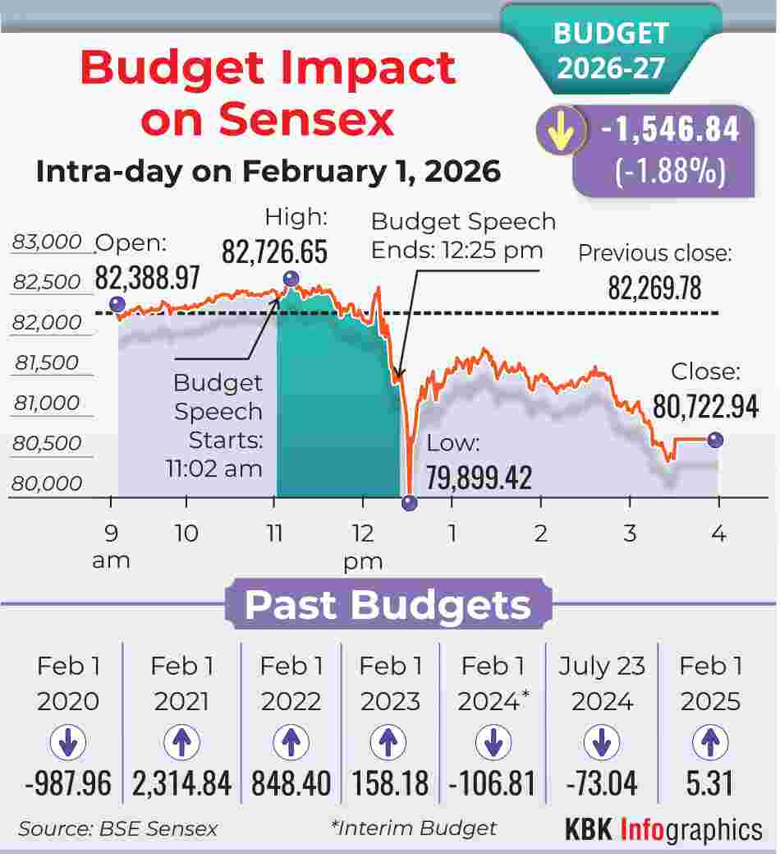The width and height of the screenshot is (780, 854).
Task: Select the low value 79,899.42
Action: (479, 477)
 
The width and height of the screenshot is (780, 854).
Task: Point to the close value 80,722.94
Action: (705, 406)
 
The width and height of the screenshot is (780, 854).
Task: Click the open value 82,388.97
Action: (148, 278)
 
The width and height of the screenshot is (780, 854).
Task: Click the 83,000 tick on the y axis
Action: (48, 242)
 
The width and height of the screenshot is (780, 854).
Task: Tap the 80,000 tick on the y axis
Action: (48, 483)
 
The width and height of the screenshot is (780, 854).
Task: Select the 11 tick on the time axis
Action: (275, 533)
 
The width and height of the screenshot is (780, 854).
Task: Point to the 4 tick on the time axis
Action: (718, 533)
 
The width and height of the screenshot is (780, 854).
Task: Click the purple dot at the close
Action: (716, 440)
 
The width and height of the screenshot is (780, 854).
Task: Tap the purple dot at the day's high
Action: (290, 278)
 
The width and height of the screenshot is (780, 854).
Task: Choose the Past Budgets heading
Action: (388, 605)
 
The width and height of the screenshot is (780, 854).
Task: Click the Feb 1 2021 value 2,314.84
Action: (181, 783)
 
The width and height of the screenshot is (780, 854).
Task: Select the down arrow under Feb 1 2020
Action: (68, 744)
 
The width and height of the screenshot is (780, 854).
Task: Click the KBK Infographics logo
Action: (663, 829)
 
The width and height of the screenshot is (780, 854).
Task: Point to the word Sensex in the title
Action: (268, 120)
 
